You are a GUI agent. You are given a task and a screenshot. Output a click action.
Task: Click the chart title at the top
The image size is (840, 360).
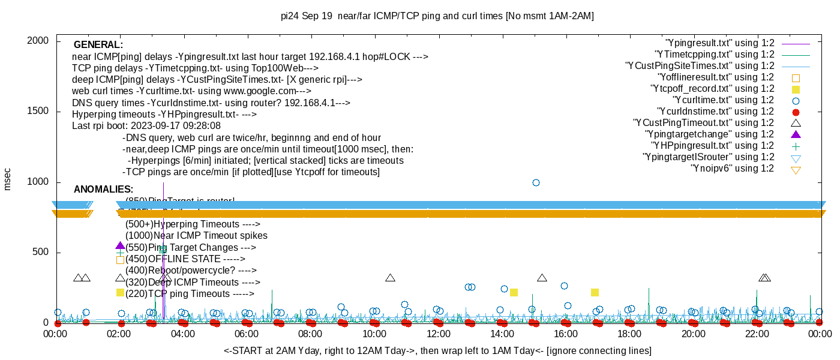click(x=437, y=16)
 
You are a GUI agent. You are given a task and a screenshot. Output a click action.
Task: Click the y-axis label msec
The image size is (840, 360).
click(x=8, y=179)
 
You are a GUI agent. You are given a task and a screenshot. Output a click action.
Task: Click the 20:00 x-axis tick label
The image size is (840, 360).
click(x=693, y=334)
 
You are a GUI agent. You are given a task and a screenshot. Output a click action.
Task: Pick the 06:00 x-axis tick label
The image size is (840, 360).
click(x=247, y=334)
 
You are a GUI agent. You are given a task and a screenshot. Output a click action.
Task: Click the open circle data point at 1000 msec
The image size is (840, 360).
click(x=536, y=182)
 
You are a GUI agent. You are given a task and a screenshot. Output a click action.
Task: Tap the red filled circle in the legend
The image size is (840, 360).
click(x=796, y=112)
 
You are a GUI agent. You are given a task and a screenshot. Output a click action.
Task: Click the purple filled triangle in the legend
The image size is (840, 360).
click(x=796, y=134)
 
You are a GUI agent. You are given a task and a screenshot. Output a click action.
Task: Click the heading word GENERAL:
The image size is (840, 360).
click(x=98, y=45)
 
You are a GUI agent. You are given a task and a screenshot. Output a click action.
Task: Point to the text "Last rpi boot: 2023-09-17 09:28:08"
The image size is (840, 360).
click(x=146, y=126)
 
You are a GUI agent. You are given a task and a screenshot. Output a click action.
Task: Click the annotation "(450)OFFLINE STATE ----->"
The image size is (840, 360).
click(x=185, y=259)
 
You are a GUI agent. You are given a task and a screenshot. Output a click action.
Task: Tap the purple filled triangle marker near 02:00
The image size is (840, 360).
click(x=120, y=245)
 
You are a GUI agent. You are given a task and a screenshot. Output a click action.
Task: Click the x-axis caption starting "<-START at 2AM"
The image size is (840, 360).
click(x=437, y=350)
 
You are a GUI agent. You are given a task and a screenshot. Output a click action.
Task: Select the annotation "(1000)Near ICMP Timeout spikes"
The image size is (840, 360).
click(x=196, y=236)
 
